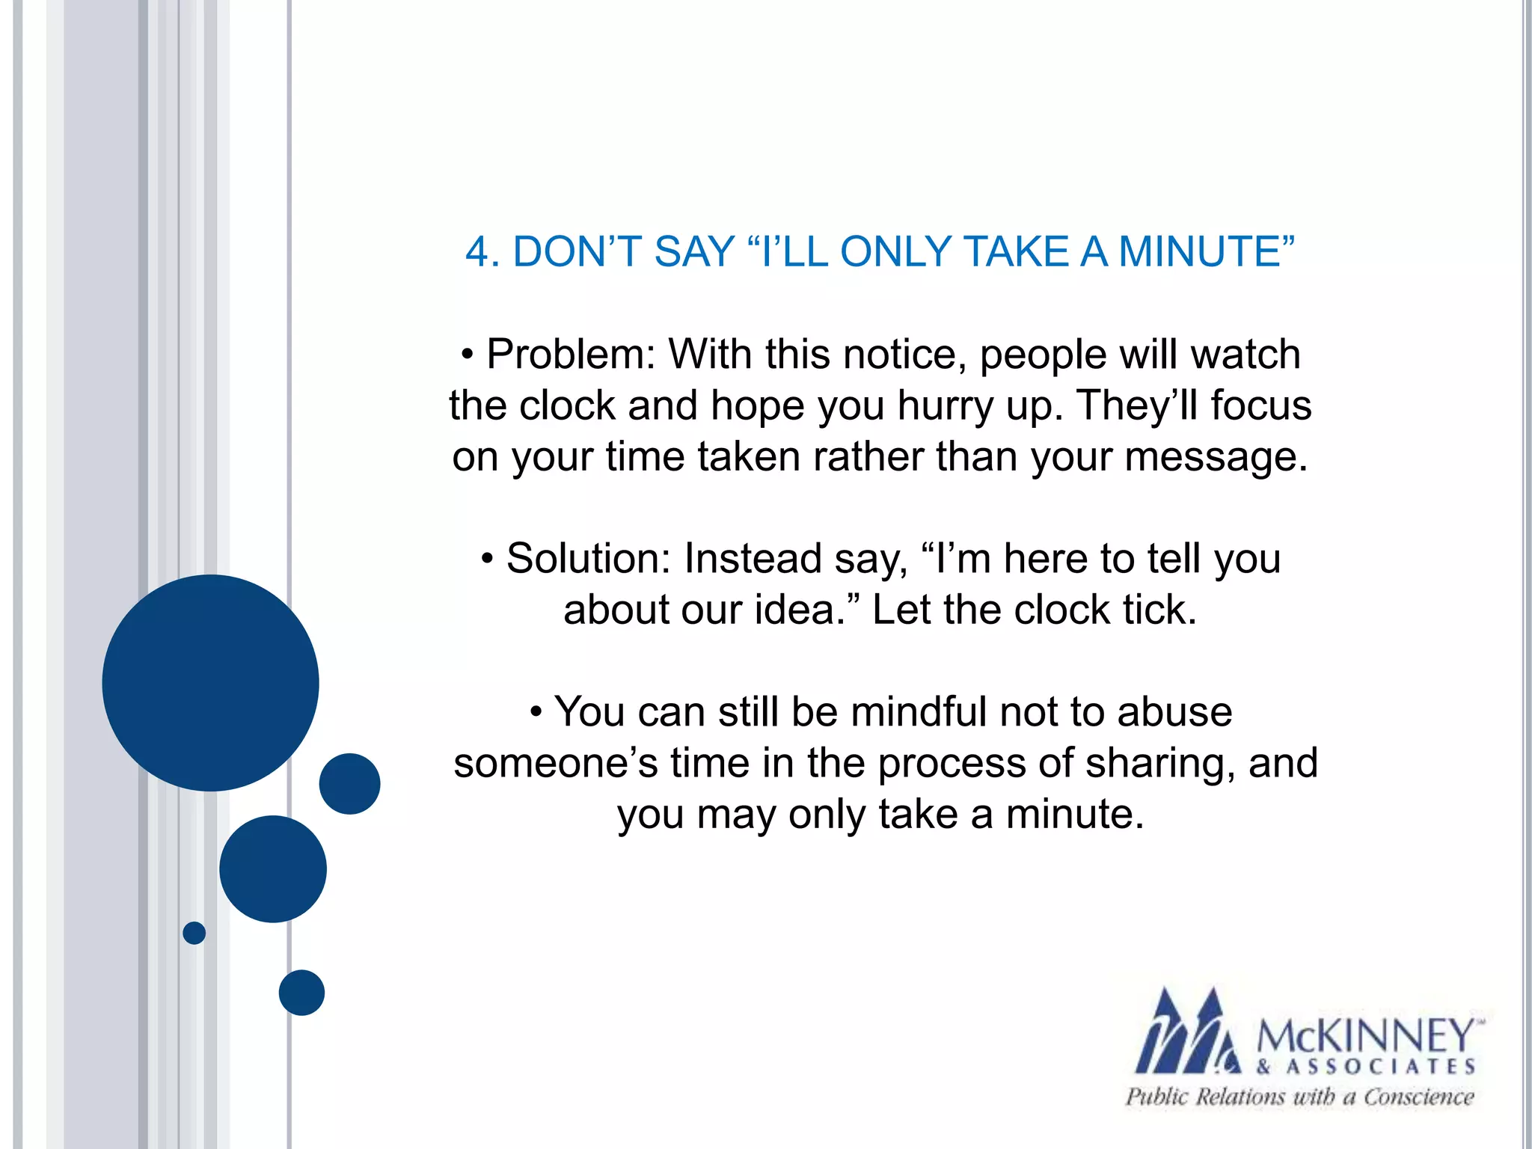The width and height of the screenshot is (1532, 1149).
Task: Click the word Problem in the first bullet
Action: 571,354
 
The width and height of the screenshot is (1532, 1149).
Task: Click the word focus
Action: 1261,405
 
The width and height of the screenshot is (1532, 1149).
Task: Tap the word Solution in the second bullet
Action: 589,559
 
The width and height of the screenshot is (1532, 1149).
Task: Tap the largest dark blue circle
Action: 210,682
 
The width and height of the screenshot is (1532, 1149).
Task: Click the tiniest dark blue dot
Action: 194,933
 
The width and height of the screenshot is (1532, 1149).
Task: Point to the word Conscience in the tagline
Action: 1418,1097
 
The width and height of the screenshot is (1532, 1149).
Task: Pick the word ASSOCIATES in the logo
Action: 1381,1067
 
